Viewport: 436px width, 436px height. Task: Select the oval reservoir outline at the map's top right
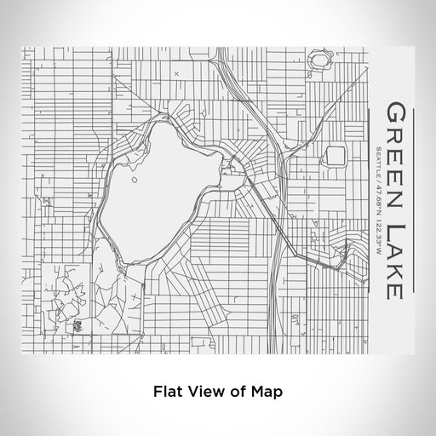[320, 60]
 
